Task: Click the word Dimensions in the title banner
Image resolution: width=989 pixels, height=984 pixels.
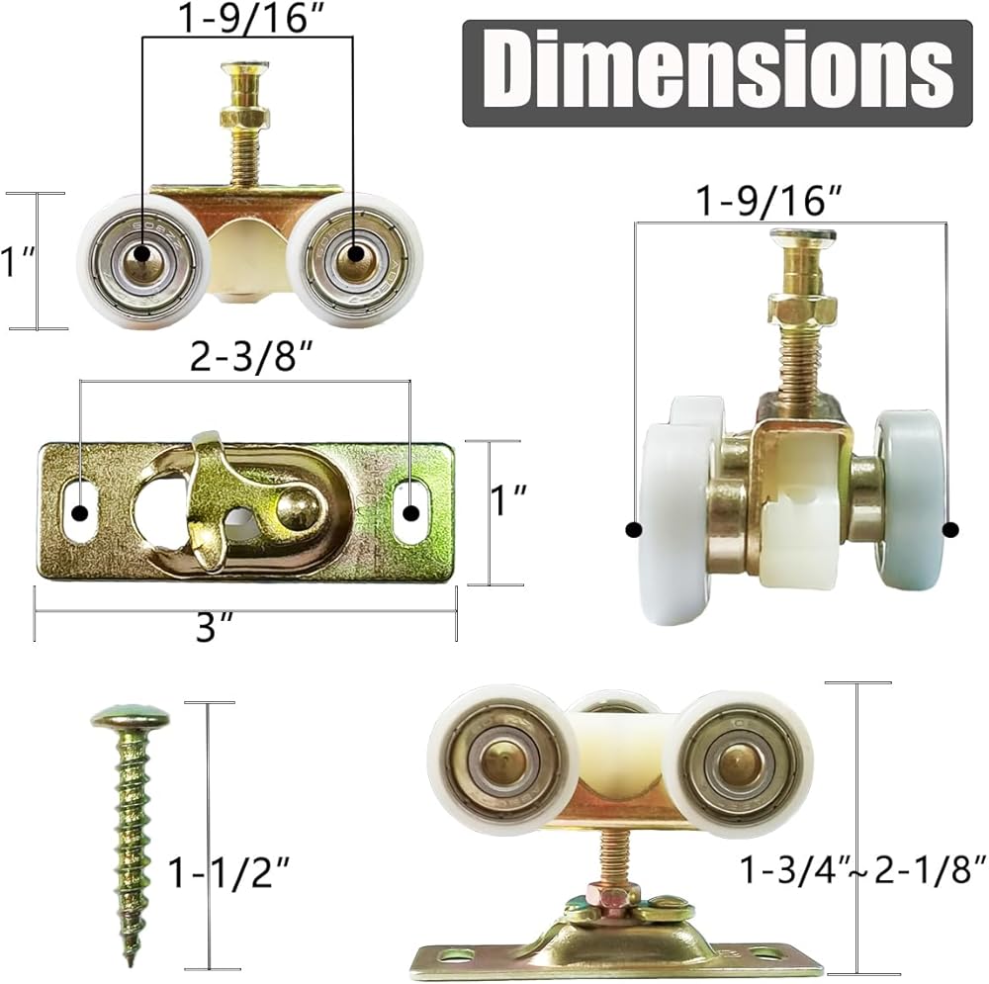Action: pos(718,73)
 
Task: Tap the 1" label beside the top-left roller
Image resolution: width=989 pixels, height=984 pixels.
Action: pos(16,261)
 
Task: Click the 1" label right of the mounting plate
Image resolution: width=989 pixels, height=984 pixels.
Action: pos(507,501)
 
